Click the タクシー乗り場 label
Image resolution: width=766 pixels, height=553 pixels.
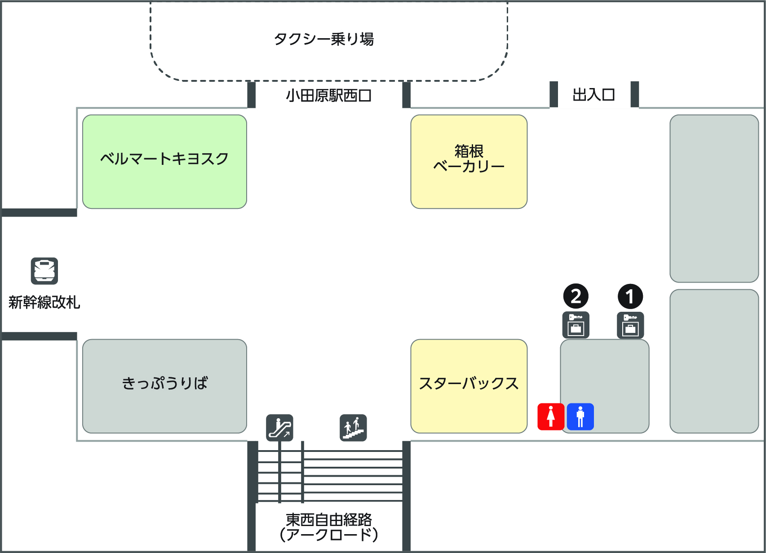click(x=323, y=39)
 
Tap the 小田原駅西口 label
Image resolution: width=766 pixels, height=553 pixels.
click(x=328, y=95)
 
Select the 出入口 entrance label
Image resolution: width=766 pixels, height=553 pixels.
click(x=593, y=95)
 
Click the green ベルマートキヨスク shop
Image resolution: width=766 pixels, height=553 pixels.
click(x=164, y=161)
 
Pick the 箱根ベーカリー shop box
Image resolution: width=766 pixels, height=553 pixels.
click(x=469, y=161)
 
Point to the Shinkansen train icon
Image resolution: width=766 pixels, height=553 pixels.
click(x=44, y=271)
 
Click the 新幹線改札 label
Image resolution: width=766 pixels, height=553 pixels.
click(x=44, y=302)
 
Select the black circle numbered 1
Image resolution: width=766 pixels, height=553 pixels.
click(x=630, y=296)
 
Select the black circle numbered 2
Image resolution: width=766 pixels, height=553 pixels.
click(x=576, y=296)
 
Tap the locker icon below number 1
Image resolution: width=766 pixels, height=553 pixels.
click(x=630, y=325)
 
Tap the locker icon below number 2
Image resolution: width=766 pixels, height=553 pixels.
click(x=576, y=325)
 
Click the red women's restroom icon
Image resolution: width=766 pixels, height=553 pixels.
click(x=551, y=417)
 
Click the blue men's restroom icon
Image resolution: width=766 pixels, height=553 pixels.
click(x=580, y=417)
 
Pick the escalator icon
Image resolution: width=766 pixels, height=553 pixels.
click(x=279, y=428)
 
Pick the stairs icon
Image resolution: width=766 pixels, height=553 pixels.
click(x=353, y=428)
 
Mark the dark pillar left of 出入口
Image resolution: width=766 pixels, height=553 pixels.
click(x=554, y=94)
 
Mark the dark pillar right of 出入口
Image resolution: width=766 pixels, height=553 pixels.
click(x=635, y=94)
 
